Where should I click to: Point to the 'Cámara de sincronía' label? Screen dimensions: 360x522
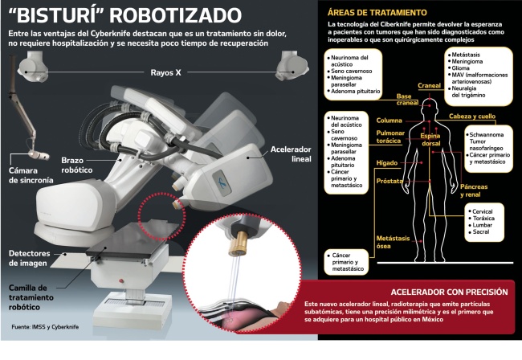point(29,176)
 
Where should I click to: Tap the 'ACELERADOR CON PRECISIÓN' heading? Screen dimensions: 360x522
point(448,290)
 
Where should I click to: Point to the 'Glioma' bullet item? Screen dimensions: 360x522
point(463,69)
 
